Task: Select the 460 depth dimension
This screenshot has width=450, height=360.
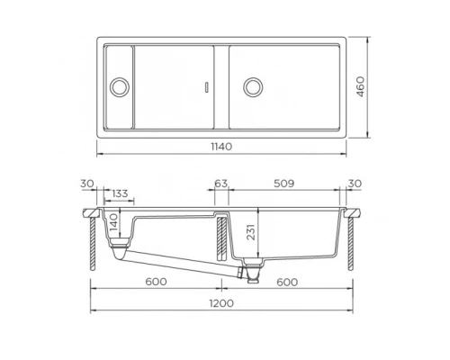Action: coord(384,87)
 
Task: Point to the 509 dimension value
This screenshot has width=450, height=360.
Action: coord(284,184)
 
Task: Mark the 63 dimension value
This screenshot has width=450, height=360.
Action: coord(220,184)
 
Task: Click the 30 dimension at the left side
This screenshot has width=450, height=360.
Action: coord(86,184)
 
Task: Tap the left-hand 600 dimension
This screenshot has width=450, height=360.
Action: coord(156,281)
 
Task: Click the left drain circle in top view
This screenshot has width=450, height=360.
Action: coord(118,87)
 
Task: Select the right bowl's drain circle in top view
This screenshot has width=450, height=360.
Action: coord(254,87)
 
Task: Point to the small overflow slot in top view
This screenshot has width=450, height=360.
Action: coord(208,87)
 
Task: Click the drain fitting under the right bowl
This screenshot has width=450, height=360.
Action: coord(251,268)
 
